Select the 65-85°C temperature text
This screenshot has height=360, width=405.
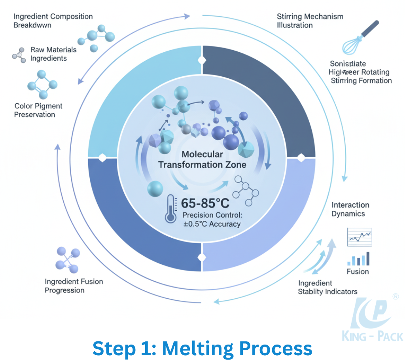(x=205, y=203)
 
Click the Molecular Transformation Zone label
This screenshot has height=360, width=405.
(x=202, y=159)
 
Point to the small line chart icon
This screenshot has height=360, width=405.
(x=359, y=237)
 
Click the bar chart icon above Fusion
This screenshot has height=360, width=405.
(x=358, y=259)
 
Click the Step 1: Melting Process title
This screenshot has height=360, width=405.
(x=202, y=349)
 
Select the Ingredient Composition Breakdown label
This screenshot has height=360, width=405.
(x=53, y=21)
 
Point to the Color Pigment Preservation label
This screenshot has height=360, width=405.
(x=38, y=110)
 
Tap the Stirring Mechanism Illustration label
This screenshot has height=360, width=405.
(x=310, y=21)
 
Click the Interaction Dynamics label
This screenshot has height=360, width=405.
(x=350, y=209)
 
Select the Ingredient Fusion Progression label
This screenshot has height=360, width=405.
(x=74, y=286)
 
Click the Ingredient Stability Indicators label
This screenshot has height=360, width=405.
(x=327, y=287)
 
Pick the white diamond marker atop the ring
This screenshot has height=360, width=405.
(x=202, y=60)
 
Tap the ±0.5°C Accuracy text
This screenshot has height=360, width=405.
(x=212, y=224)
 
